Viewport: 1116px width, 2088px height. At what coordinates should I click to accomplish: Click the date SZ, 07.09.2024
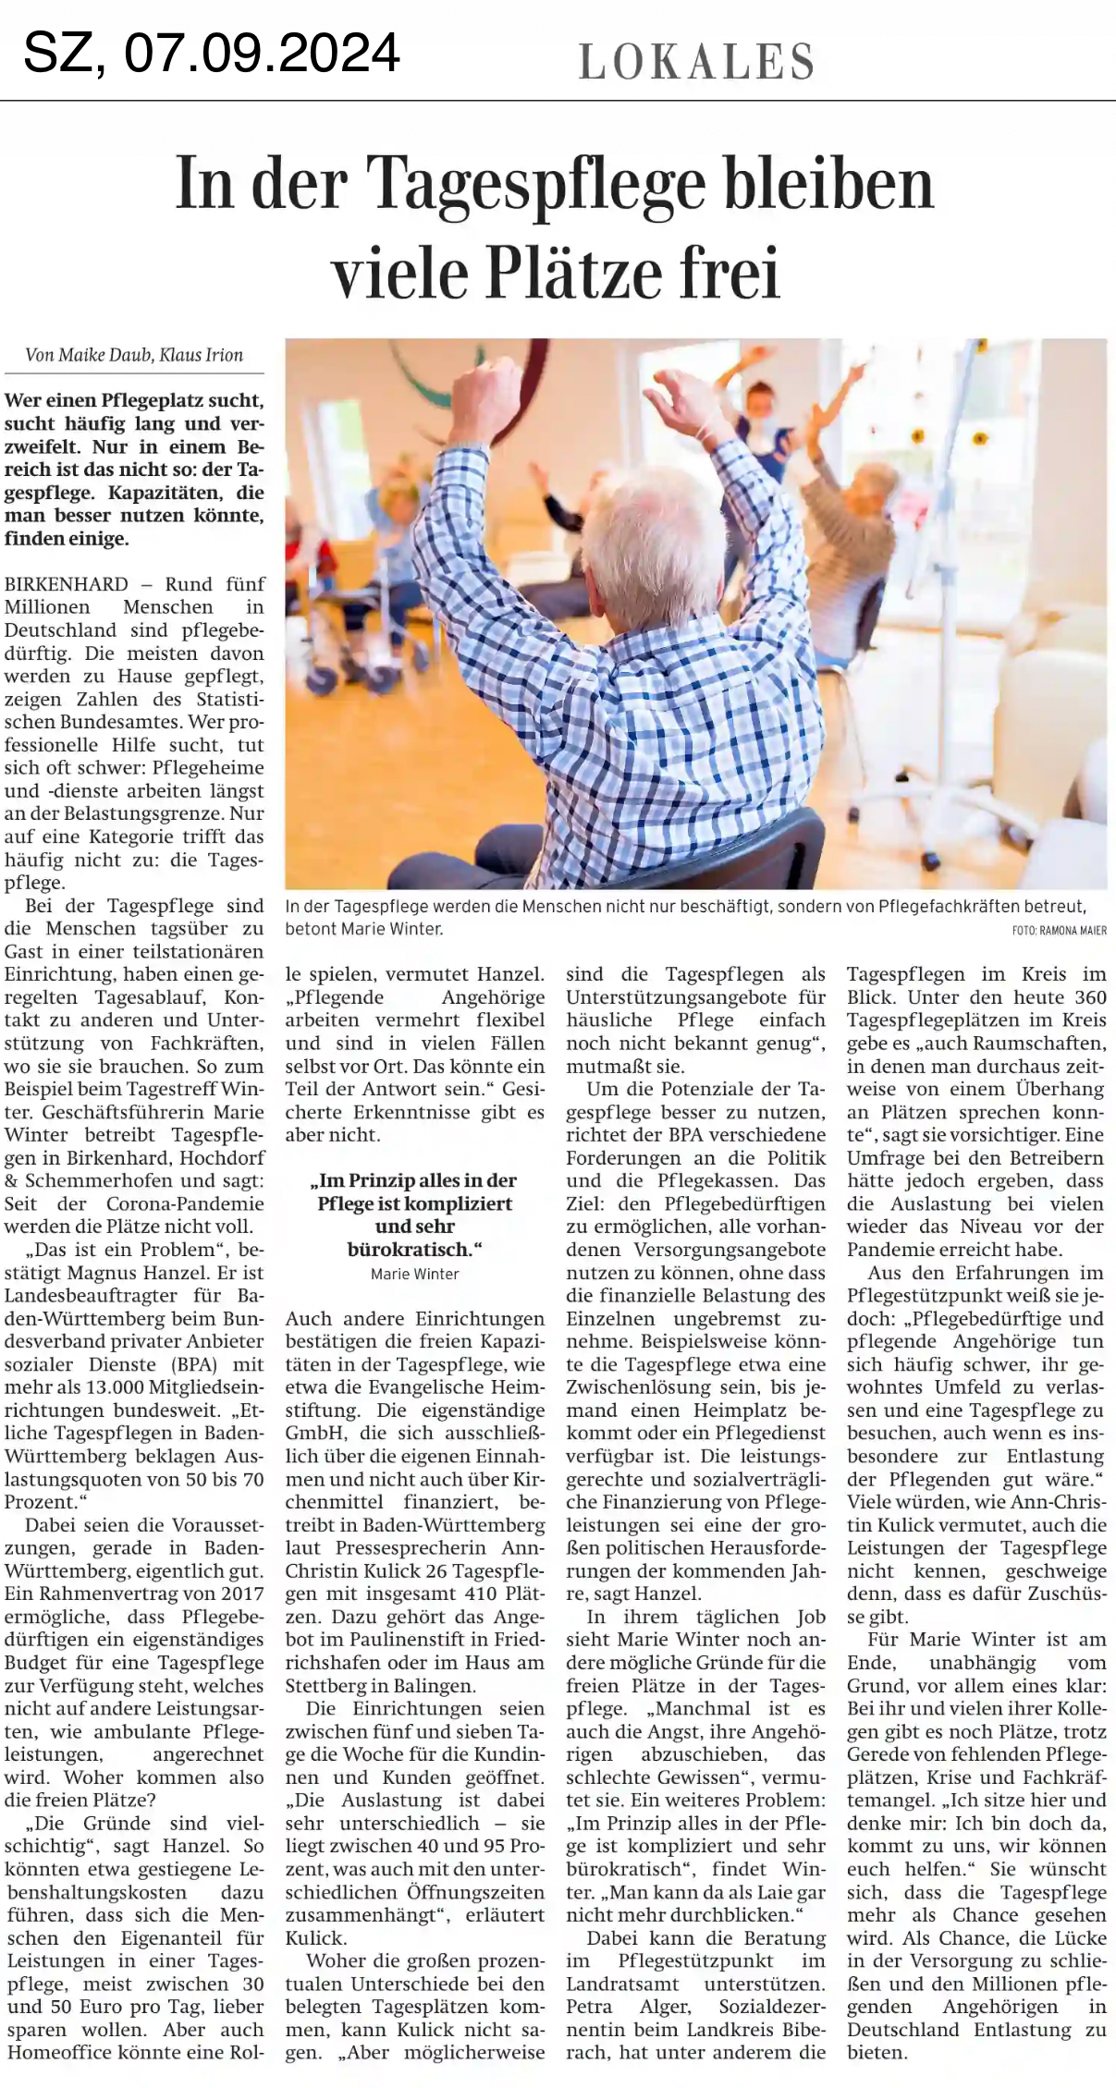(212, 53)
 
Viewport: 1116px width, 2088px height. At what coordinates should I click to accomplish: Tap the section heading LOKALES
(697, 61)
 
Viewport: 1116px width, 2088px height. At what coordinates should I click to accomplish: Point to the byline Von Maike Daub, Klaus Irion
(134, 355)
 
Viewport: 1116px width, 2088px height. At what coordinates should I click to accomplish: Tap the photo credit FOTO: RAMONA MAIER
(1059, 931)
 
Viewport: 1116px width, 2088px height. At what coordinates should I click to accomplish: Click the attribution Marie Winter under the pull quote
(414, 1274)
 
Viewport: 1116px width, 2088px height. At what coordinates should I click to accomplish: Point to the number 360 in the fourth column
(1085, 997)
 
